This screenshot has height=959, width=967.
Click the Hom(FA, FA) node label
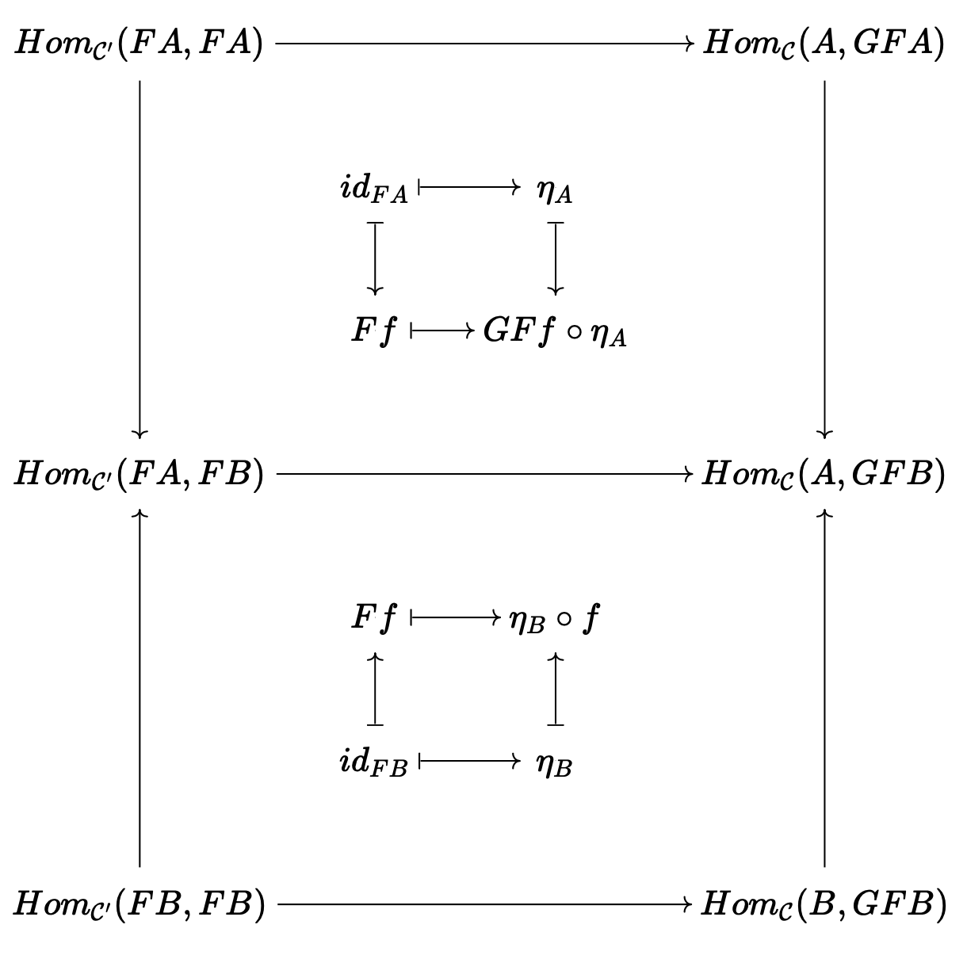click(140, 44)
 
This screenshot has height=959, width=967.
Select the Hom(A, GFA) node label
click(824, 44)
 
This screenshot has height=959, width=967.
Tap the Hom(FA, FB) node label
click(140, 475)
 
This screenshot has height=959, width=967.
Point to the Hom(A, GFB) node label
click(824, 475)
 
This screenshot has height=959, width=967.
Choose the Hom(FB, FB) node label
click(140, 904)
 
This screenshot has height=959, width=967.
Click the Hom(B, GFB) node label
click(824, 904)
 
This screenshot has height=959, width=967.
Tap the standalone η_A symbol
click(554, 192)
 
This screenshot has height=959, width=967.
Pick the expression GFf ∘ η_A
click(555, 334)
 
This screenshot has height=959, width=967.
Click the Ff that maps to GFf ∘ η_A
click(373, 332)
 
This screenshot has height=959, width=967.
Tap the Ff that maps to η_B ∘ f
click(373, 618)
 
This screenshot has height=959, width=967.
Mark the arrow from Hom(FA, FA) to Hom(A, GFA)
click(483, 44)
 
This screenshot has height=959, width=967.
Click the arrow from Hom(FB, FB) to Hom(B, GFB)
click(483, 904)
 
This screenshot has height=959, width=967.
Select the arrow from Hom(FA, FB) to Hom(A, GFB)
click(483, 475)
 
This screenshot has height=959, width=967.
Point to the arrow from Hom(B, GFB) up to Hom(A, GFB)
click(824, 690)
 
